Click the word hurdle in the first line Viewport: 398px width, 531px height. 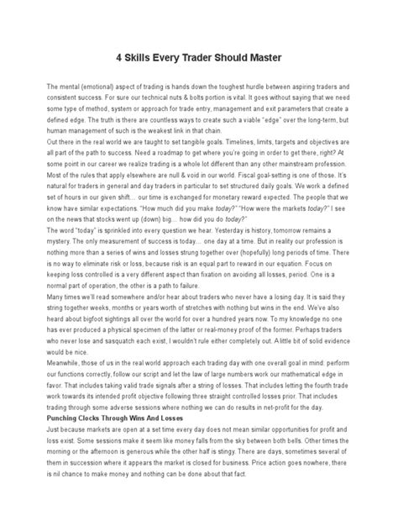pos(259,87)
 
